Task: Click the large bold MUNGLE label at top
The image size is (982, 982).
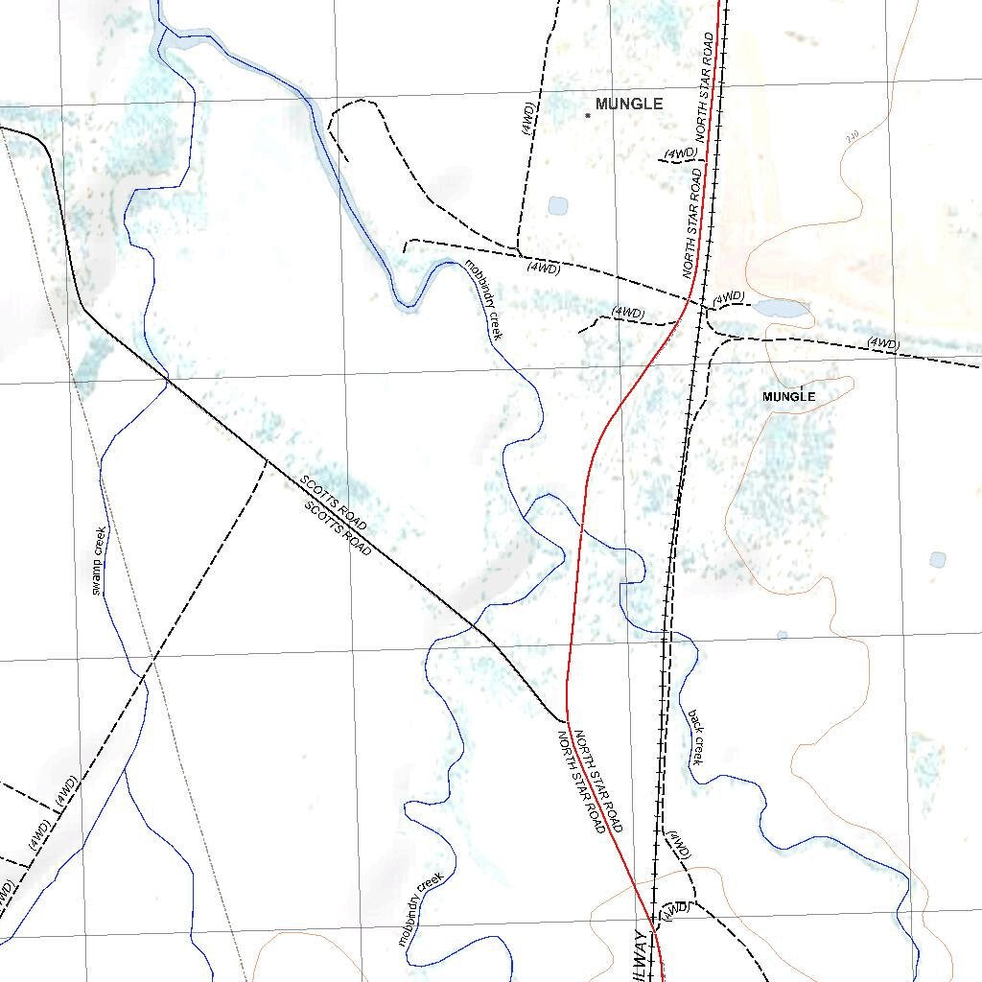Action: click(x=629, y=104)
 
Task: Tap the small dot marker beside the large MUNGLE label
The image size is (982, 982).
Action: click(x=588, y=115)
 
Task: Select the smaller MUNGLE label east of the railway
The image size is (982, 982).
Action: click(x=788, y=396)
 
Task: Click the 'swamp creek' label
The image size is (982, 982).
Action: click(x=99, y=561)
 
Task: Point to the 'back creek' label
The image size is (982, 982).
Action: click(x=696, y=736)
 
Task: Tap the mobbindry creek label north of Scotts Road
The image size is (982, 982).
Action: click(x=484, y=299)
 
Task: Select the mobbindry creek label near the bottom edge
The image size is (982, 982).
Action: click(x=421, y=909)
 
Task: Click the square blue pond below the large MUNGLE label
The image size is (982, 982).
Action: click(x=557, y=205)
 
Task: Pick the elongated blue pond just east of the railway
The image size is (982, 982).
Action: click(x=781, y=309)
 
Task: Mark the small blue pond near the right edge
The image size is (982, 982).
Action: click(x=937, y=559)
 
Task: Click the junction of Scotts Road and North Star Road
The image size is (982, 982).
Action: click(x=567, y=719)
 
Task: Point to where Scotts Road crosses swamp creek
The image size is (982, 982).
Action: click(x=169, y=381)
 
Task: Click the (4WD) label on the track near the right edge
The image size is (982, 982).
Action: click(x=882, y=343)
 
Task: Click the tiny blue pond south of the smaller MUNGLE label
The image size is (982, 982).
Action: click(x=783, y=635)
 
